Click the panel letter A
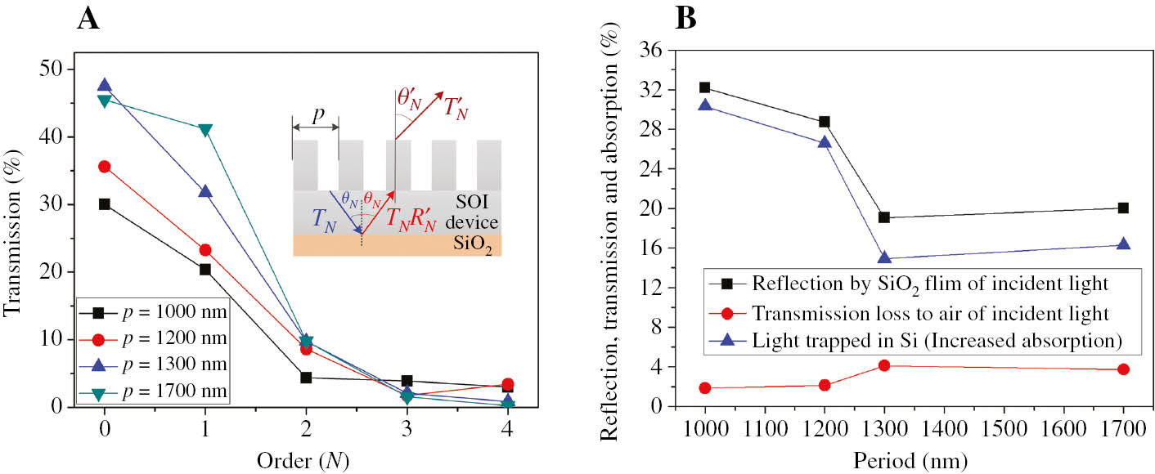[x=88, y=18]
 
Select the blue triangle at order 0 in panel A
[x=104, y=86]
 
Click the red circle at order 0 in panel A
[x=104, y=167]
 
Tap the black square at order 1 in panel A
[x=205, y=269]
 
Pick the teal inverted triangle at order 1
[x=205, y=129]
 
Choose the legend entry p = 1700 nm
[x=155, y=396]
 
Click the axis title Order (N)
[x=305, y=460]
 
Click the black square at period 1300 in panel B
[x=884, y=217]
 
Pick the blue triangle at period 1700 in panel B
[x=1123, y=244]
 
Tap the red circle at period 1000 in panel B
[x=705, y=388]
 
